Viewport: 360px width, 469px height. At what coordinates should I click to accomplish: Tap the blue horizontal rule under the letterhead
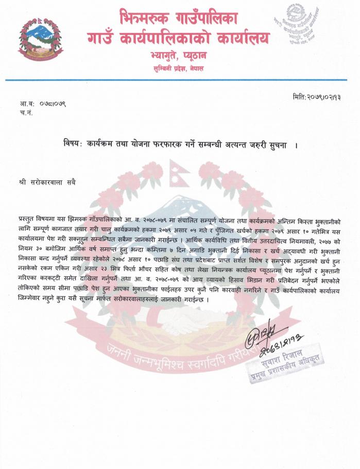pos(180,80)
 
